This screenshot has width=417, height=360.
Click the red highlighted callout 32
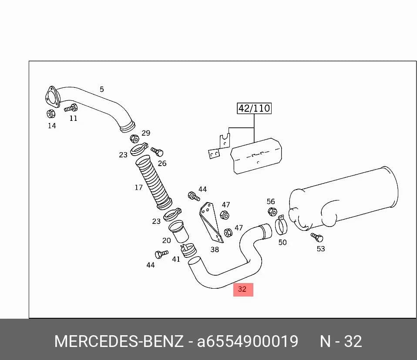pos(243,289)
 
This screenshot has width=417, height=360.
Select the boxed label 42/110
pos(254,108)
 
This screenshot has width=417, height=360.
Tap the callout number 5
pos(102,89)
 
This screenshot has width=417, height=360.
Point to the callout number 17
pos(138,187)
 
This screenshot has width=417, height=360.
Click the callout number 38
pos(215,250)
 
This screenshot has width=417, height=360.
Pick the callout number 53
pos(321,249)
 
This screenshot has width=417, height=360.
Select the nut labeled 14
pos(51,114)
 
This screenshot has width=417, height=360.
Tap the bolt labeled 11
pos(71,108)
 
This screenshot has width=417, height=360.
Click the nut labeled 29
pos(135,139)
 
